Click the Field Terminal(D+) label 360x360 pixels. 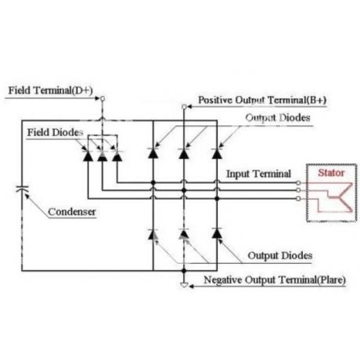point(51,91)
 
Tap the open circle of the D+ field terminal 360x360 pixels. point(103,99)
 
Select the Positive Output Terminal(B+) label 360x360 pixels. point(262,100)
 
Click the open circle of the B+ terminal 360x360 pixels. point(184,106)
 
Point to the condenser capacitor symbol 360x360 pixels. point(22,189)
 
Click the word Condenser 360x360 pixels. point(72,211)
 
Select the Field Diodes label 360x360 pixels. point(56,132)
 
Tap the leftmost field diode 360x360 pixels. point(88,156)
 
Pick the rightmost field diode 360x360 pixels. point(117,156)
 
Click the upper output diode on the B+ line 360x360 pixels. point(184,153)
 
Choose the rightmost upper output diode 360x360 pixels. point(217,153)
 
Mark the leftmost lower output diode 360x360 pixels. point(153,234)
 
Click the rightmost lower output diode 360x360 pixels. point(217,233)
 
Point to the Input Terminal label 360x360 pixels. point(258,174)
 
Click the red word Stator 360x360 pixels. point(331,172)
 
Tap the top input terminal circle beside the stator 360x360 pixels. point(298,183)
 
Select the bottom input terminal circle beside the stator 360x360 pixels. point(298,199)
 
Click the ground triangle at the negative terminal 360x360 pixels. point(184,285)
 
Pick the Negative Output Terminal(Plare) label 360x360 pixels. point(275,280)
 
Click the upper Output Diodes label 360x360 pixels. point(278,117)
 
